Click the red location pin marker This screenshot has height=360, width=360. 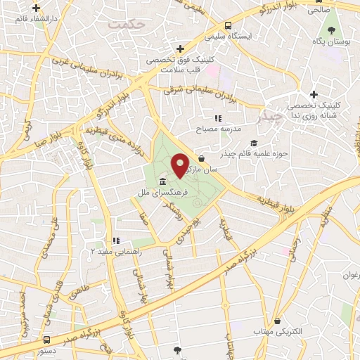[x=180, y=165]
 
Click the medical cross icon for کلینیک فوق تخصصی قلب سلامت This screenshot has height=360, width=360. [x=181, y=49]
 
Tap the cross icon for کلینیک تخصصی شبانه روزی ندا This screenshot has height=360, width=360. [x=314, y=95]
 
